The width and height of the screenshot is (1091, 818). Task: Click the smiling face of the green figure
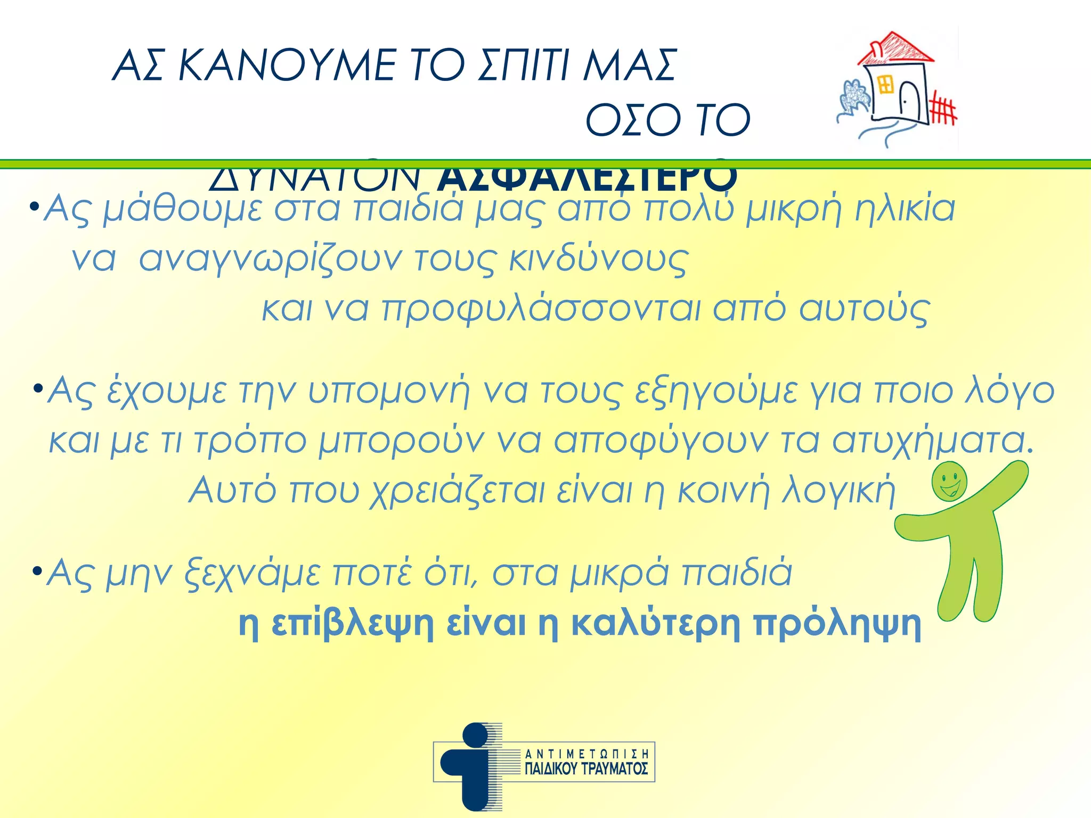pos(949,481)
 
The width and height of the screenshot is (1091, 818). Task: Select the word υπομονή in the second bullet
pos(389,391)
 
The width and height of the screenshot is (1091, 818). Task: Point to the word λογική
pos(838,490)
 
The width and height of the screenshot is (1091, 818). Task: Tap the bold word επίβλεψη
pos(352,623)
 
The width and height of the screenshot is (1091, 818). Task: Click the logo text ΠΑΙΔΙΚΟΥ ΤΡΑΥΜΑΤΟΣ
pos(586,768)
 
